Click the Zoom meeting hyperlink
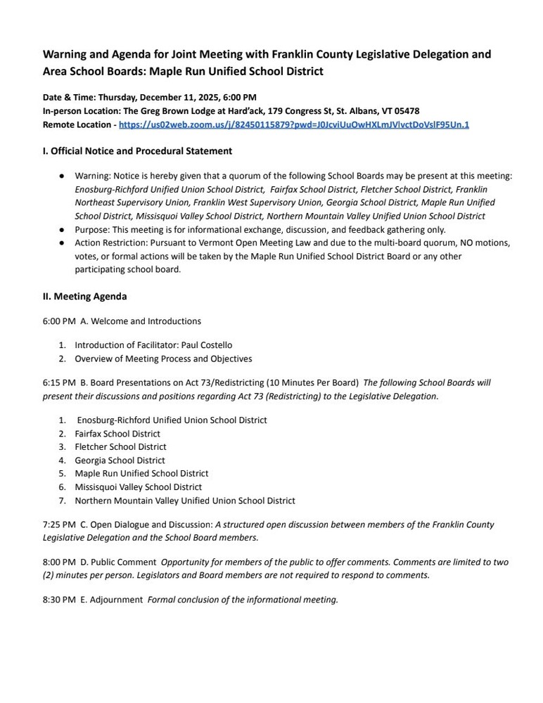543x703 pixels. tap(294, 124)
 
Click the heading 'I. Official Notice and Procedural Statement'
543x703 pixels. tap(137, 151)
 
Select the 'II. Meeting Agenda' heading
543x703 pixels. tap(84, 297)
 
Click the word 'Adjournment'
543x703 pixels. tap(117, 600)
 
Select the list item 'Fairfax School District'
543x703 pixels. tap(117, 434)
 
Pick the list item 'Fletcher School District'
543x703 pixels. tap(120, 447)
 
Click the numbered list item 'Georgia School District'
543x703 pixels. tap(120, 460)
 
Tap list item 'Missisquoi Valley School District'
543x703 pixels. tap(138, 487)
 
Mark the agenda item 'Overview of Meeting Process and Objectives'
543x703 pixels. tap(163, 359)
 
